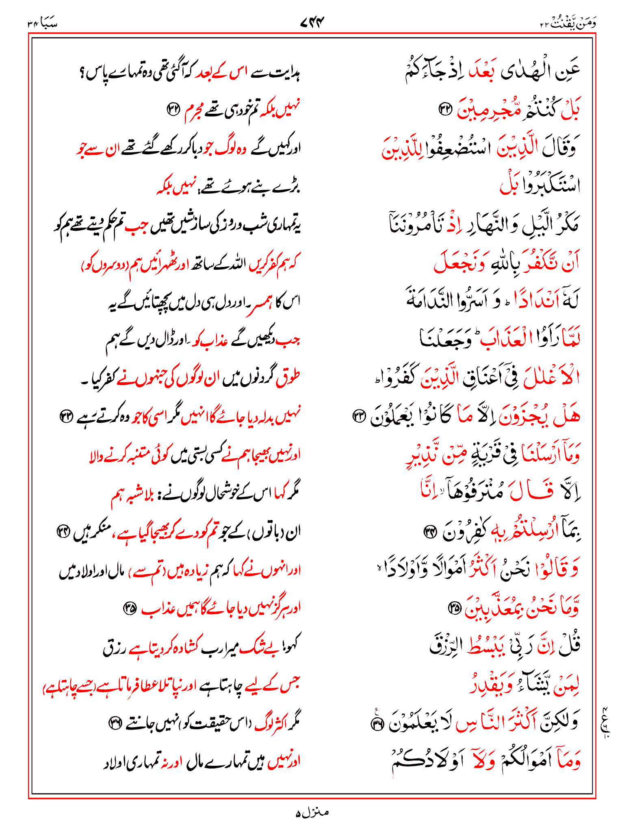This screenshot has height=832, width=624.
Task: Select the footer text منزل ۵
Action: [x=312, y=812]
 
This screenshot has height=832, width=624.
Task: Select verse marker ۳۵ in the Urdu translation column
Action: [x=130, y=608]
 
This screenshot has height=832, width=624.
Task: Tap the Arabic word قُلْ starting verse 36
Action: [x=569, y=646]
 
